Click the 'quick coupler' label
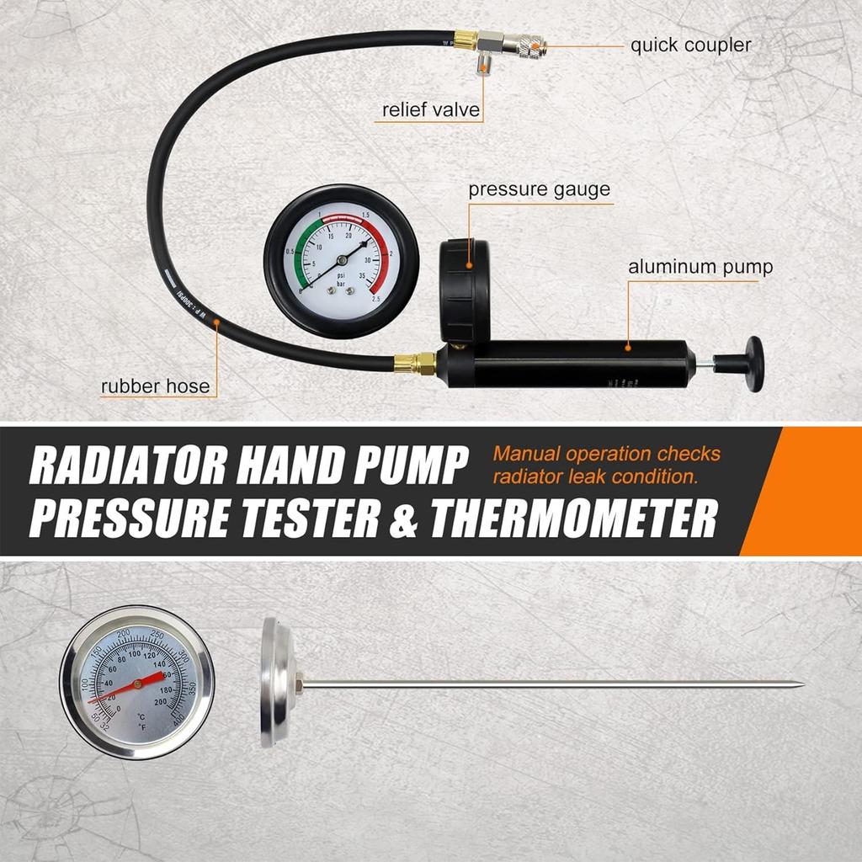(690, 45)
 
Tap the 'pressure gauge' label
(539, 189)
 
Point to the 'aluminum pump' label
(700, 268)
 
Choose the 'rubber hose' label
(155, 387)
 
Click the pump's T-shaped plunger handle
(752, 364)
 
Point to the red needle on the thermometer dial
(126, 687)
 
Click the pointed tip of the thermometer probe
(800, 684)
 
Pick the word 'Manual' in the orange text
(526, 454)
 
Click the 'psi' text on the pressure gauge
(341, 274)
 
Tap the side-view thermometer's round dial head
(269, 683)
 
